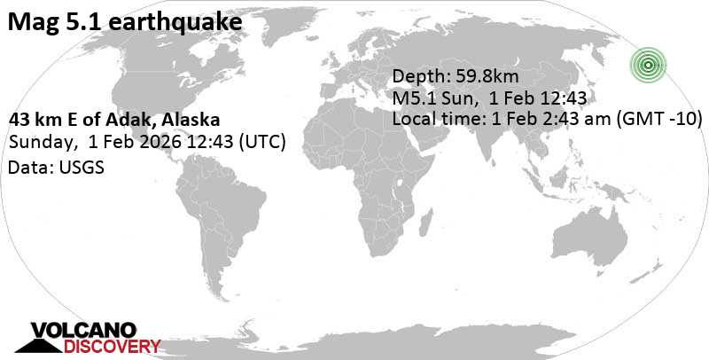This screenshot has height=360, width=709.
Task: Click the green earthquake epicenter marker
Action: (x=649, y=64)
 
